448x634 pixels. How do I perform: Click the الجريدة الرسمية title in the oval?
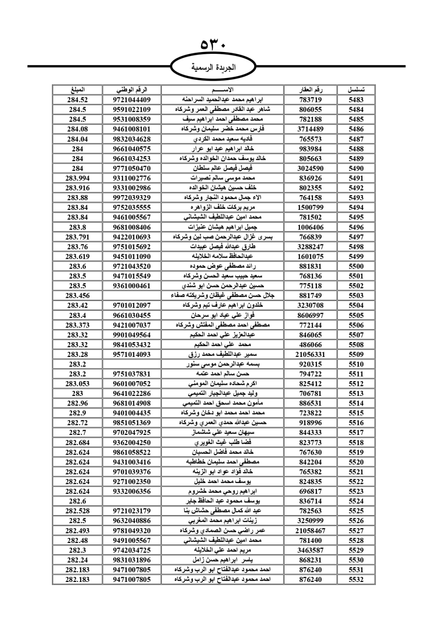click(214, 68)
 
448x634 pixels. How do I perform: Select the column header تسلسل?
click(356, 90)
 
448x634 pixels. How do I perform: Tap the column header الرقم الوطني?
click(132, 90)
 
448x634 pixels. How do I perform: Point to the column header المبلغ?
click(78, 90)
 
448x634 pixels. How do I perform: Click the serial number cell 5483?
click(356, 100)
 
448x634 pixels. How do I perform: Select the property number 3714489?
click(310, 129)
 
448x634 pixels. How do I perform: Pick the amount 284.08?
click(78, 129)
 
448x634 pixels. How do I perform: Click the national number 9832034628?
click(132, 139)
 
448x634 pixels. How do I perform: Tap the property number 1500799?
click(310, 208)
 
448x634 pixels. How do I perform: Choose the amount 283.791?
click(78, 237)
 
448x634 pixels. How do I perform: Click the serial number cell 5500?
click(356, 266)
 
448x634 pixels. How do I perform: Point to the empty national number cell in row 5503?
click(132, 295)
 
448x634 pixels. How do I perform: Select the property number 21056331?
click(310, 354)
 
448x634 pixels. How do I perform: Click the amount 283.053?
click(78, 384)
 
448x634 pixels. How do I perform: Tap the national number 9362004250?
click(132, 443)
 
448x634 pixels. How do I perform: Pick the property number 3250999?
click(310, 521)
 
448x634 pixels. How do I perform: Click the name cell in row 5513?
click(222, 394)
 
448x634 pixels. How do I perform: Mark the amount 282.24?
click(78, 560)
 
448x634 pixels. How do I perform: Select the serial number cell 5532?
click(356, 579)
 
